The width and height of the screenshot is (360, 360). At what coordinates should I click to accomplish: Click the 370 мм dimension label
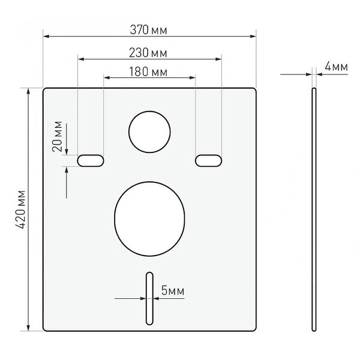coord(148,30)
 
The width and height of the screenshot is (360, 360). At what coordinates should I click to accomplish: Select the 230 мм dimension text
coord(148,53)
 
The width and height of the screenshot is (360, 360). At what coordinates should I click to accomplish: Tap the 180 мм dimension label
coord(148,71)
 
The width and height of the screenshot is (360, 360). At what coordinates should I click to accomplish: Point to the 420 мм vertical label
coord(20,209)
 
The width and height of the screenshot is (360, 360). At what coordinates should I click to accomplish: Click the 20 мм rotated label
coord(57,136)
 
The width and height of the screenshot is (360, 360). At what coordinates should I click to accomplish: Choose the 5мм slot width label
coord(173,290)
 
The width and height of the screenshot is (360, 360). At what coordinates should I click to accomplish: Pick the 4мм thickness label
coord(336,67)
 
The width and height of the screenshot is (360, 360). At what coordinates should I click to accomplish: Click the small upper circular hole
coord(149,132)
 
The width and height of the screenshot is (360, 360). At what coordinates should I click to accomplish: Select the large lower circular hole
coord(149,219)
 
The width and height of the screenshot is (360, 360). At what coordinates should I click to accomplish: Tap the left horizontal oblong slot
coord(91,160)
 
